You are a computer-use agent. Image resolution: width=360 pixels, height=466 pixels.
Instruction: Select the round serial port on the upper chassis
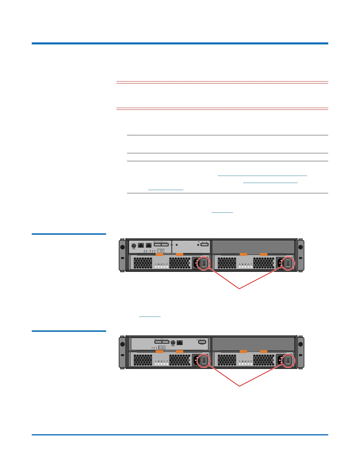[134, 246]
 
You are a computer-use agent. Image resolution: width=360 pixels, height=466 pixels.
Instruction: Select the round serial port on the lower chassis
[173, 342]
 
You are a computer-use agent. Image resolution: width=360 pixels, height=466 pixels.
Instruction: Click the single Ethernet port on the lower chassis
[180, 343]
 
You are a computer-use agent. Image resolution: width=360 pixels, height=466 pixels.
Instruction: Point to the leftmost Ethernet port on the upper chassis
[141, 245]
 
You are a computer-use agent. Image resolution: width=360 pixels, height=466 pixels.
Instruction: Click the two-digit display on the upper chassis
[161, 250]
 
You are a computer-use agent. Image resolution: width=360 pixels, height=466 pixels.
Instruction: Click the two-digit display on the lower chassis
[162, 347]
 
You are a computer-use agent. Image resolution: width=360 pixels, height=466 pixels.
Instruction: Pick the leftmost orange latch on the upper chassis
[159, 254]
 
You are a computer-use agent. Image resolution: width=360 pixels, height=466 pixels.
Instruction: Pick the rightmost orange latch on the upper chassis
[264, 254]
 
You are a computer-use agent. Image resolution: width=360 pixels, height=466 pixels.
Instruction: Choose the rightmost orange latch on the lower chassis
[264, 351]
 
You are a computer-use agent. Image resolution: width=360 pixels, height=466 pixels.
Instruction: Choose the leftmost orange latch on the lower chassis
[159, 351]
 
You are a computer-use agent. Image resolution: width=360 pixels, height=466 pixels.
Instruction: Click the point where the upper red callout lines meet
[239, 289]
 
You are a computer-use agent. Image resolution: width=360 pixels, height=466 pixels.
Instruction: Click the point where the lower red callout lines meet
[239, 386]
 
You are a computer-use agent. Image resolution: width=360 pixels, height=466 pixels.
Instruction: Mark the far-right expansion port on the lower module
[202, 342]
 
